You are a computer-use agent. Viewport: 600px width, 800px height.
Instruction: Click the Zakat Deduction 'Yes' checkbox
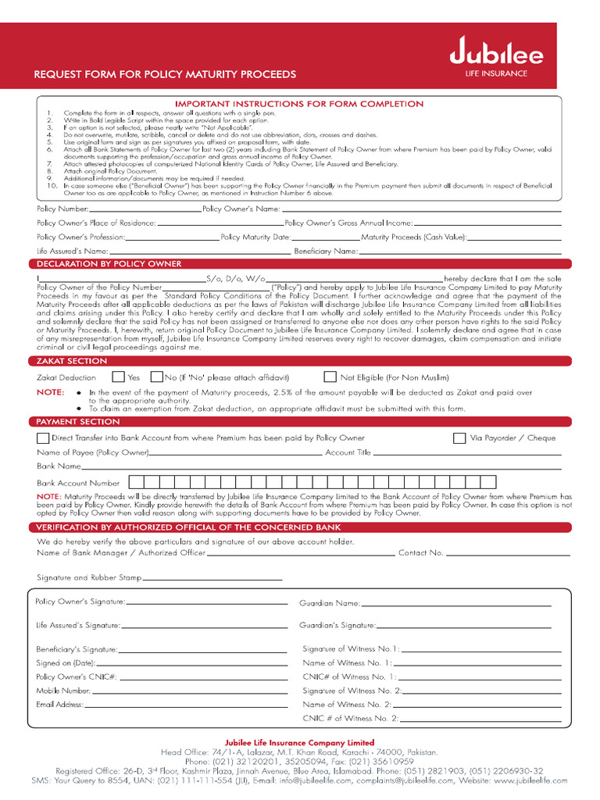pyautogui.click(x=118, y=377)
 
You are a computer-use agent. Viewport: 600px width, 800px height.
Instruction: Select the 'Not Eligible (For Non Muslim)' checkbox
pyautogui.click(x=330, y=377)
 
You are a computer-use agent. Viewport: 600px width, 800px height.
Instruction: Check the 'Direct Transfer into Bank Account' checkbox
pyautogui.click(x=43, y=438)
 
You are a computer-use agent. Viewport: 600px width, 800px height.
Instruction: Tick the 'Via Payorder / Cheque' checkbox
pyautogui.click(x=459, y=438)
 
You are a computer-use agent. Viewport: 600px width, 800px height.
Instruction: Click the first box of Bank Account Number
pyautogui.click(x=135, y=482)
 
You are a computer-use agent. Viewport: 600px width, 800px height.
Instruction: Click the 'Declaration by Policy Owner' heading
pyautogui.click(x=109, y=264)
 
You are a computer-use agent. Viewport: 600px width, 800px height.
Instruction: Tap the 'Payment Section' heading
pyautogui.click(x=78, y=422)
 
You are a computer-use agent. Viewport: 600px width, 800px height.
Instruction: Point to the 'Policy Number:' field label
pyautogui.click(x=62, y=209)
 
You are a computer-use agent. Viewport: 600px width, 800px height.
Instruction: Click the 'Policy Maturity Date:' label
pyautogui.click(x=255, y=237)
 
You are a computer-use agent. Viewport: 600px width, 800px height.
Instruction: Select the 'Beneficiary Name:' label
pyautogui.click(x=326, y=252)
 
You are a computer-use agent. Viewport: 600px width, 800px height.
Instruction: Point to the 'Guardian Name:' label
pyautogui.click(x=330, y=603)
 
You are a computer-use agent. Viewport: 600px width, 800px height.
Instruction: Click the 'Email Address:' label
pyautogui.click(x=59, y=705)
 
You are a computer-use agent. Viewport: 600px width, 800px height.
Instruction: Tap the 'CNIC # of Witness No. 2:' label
pyautogui.click(x=351, y=718)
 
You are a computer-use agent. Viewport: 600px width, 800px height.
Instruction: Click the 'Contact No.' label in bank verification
pyautogui.click(x=421, y=553)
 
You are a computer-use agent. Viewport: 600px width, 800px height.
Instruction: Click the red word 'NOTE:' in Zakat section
pyautogui.click(x=50, y=392)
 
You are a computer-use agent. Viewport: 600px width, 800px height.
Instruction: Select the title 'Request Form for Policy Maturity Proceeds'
pyautogui.click(x=164, y=75)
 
